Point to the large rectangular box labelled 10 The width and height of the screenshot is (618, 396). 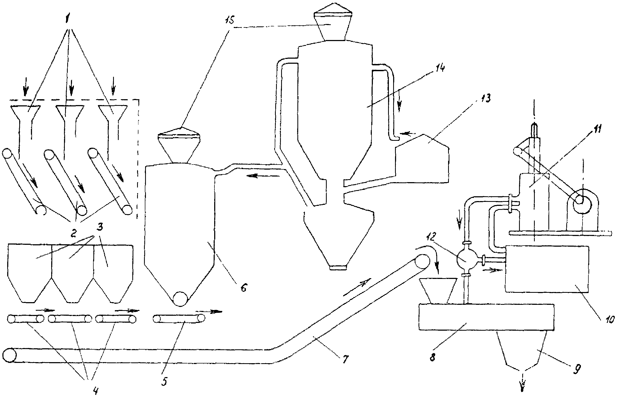point(547,269)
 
